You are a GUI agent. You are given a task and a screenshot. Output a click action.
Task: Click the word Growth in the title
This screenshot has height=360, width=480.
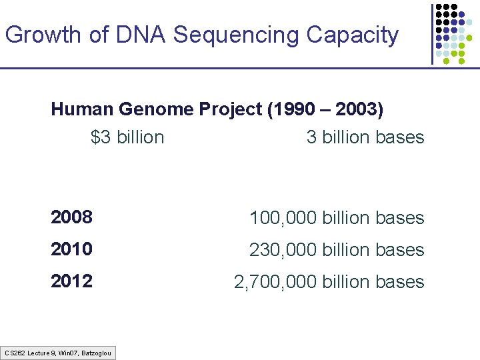coord(43,35)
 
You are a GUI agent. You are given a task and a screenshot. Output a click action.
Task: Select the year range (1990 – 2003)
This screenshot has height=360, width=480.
coord(325,109)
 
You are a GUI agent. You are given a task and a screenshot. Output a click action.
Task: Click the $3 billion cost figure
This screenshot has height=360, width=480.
coord(127,137)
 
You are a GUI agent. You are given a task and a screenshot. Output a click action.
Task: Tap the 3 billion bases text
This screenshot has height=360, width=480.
coord(365,137)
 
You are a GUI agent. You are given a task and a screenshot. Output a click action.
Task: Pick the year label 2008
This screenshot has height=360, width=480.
coord(71,217)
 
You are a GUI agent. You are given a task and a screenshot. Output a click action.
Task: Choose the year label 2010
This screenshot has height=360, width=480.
coord(71,249)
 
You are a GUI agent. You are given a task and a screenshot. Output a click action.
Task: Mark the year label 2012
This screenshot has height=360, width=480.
coord(71,281)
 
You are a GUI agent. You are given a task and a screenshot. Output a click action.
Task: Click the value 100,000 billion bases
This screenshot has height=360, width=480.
coord(337,218)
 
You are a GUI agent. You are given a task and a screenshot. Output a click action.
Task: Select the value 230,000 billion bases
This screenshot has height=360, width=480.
coord(337,250)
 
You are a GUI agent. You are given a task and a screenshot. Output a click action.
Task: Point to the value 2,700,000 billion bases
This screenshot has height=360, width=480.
coord(329,282)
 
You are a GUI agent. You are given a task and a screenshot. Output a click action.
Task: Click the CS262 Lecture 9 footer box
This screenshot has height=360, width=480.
coord(58,353)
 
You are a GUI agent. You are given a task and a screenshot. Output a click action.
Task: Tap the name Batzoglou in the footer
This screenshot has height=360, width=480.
coord(96,353)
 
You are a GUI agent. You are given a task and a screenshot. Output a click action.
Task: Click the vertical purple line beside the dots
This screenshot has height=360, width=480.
coord(432,33)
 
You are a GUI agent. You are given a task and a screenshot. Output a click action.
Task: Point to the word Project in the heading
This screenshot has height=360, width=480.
coord(231,109)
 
